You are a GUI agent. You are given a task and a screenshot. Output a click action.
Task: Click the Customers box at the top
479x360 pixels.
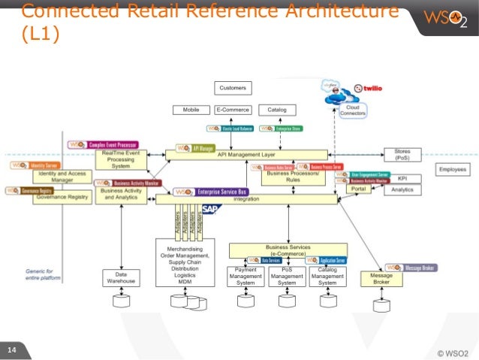(x=233, y=88)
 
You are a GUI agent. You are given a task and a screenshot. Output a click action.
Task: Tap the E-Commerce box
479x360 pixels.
(x=233, y=110)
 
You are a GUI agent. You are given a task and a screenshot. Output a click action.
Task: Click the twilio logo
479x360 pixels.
(x=374, y=88)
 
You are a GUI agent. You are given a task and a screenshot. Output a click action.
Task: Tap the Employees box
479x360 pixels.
(x=453, y=170)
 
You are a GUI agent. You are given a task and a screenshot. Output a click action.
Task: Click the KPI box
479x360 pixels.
(x=402, y=179)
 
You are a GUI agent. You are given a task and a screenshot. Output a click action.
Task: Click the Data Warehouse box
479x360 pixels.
(x=120, y=278)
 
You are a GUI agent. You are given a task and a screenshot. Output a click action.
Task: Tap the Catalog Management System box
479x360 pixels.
(x=327, y=277)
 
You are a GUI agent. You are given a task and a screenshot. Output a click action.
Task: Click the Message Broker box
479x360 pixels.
(x=381, y=278)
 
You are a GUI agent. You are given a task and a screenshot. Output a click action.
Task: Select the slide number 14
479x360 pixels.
(x=12, y=349)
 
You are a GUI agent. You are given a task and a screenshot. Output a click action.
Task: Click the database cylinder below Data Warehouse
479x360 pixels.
(x=120, y=301)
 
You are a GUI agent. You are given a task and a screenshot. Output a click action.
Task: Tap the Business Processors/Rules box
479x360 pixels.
(x=284, y=176)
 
